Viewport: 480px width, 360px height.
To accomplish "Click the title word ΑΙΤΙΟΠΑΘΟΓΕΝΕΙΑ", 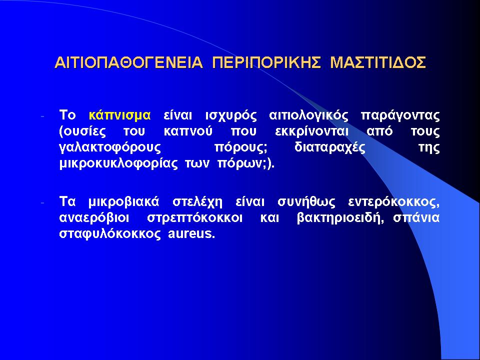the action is [128, 62].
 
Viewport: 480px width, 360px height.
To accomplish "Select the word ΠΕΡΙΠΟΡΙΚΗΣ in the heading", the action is [266, 62].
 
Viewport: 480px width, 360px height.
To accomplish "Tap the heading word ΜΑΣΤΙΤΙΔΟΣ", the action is [378, 62].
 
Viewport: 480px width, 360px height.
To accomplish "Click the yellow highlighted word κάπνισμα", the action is [119, 115].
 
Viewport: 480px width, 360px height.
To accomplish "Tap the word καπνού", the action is [188, 132].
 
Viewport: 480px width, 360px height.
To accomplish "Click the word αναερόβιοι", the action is [94, 218].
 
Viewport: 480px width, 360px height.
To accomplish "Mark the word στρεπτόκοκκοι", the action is [194, 218].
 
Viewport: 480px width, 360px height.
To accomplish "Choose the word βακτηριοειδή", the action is [340, 218].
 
